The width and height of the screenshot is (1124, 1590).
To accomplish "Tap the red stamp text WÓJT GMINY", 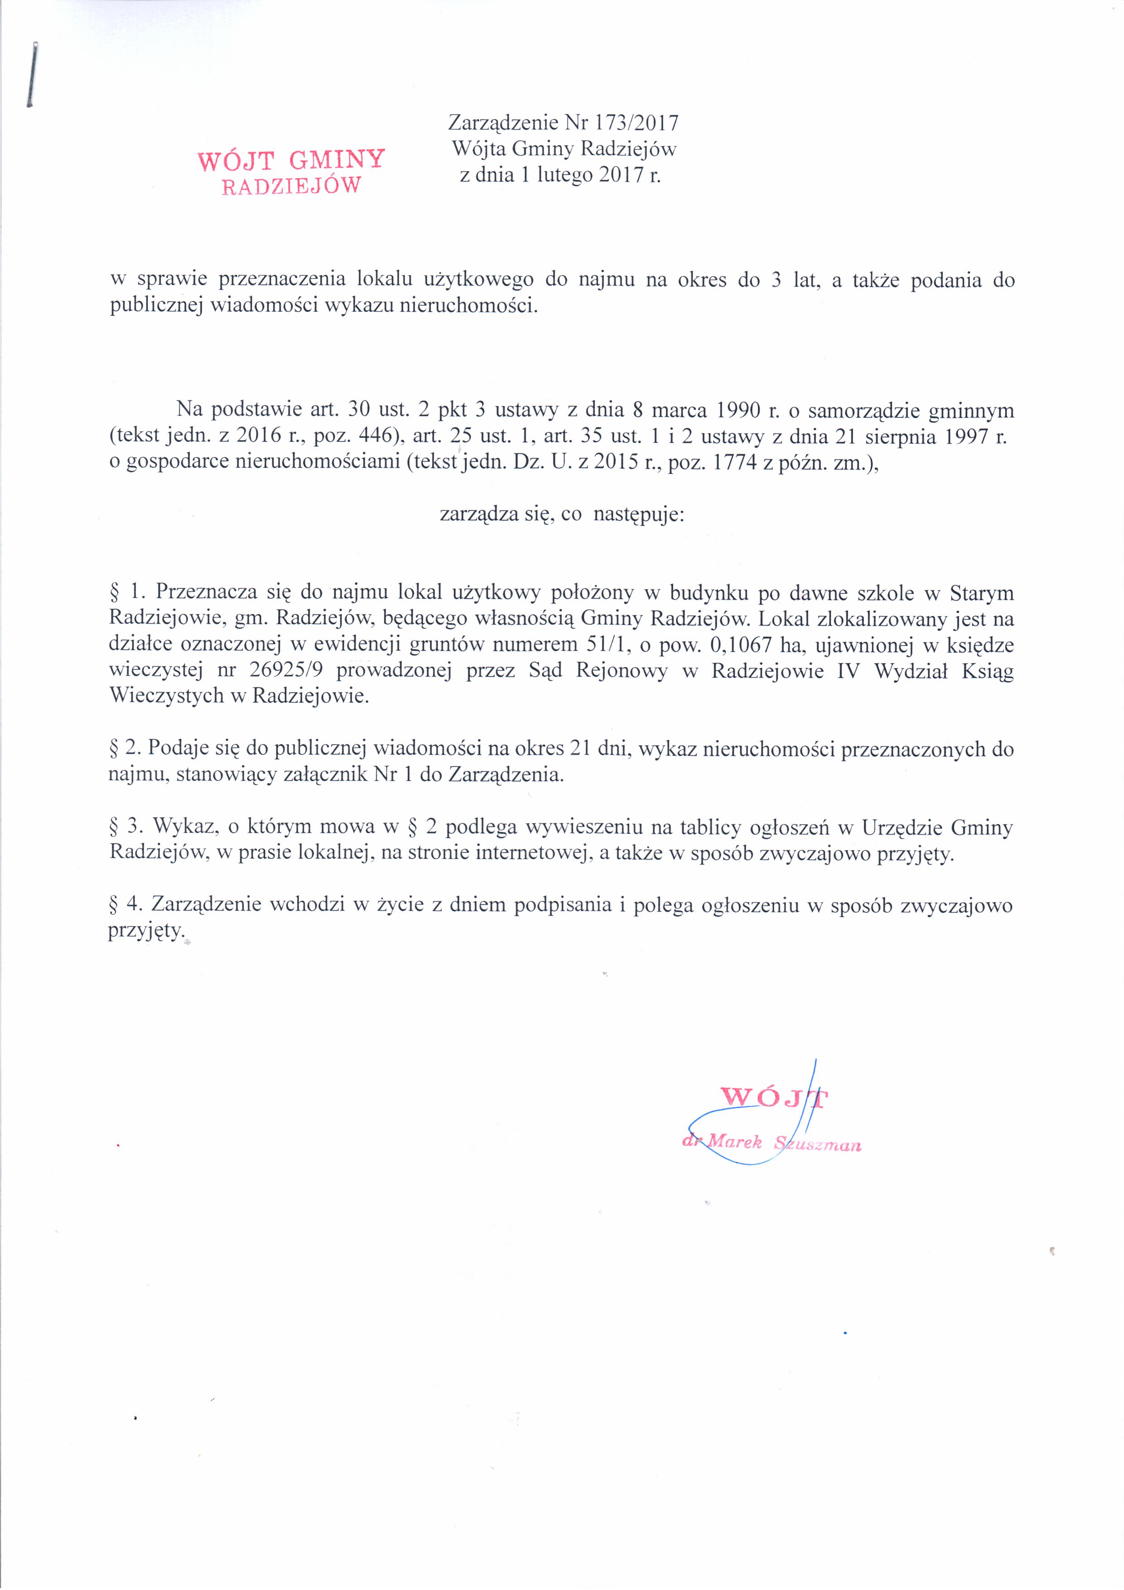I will pos(291,160).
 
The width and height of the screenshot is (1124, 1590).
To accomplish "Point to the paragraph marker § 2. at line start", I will pos(125,749).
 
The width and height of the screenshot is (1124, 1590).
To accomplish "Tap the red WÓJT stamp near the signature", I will pos(775,1097).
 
